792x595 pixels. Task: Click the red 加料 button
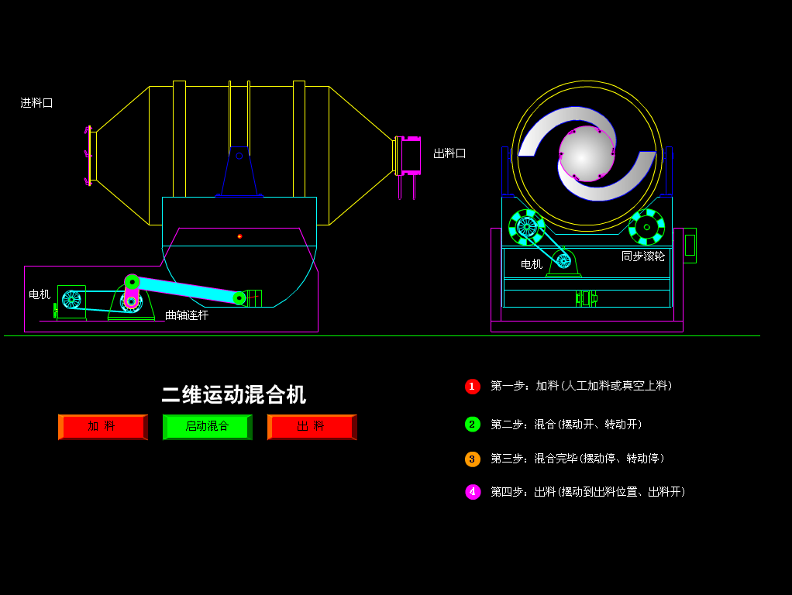(x=102, y=427)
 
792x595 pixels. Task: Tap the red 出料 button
(x=312, y=427)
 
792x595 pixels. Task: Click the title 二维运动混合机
(x=233, y=394)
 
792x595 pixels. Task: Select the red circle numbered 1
(x=473, y=386)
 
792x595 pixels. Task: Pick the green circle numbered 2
(x=473, y=424)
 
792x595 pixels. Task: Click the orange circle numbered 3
(x=473, y=459)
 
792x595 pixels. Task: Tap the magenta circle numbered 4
(x=473, y=492)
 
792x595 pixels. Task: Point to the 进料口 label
(x=36, y=102)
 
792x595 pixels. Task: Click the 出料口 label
(x=449, y=153)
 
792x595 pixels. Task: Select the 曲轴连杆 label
(x=187, y=315)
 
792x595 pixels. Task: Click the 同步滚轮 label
(x=643, y=256)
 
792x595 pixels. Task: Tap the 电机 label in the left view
(x=40, y=294)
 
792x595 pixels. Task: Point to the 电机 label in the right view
(x=532, y=264)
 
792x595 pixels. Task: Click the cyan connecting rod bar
(x=186, y=290)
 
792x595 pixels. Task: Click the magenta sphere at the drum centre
(x=586, y=153)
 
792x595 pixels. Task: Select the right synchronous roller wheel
(x=646, y=227)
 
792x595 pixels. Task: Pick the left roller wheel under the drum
(x=526, y=227)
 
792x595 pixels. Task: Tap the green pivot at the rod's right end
(x=239, y=298)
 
